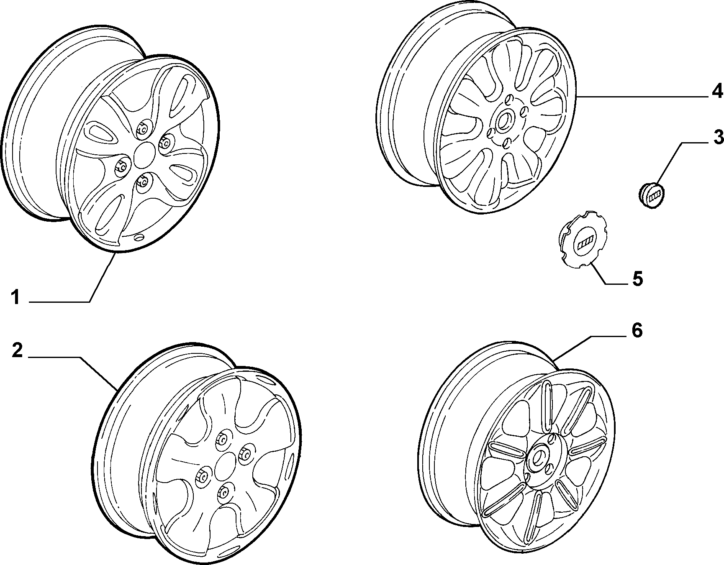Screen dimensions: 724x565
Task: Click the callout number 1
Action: tap(15, 298)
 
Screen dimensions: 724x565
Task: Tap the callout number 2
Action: tap(17, 350)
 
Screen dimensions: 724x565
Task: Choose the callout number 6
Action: tap(637, 331)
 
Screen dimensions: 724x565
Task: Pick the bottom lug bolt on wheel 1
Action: tap(144, 182)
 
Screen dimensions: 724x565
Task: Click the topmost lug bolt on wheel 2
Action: tap(222, 440)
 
